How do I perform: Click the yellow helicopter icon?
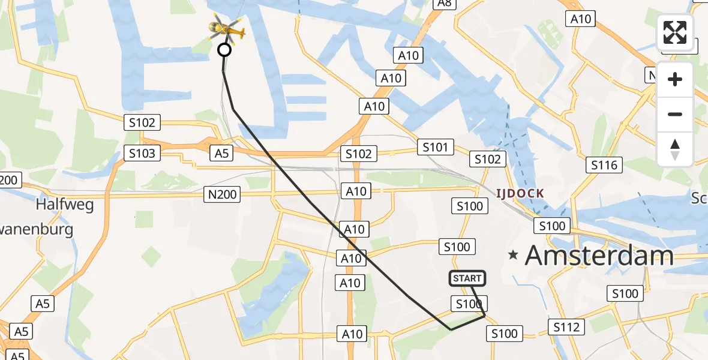pos(226,28)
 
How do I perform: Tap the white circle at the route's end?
pos(224,50)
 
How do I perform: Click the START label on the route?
pos(467,278)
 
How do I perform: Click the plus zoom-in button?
pos(675,79)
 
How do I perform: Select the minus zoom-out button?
pos(675,114)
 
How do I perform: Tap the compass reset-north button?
pos(675,149)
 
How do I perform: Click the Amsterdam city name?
pos(599,256)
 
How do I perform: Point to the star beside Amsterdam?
pos(513,255)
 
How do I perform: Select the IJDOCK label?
pos(520,193)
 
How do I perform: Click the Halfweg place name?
pos(65,205)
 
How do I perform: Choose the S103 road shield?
pos(142,153)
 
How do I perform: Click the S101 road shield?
pos(436,147)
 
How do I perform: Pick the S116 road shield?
pos(604,165)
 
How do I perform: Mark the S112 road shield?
pos(566,327)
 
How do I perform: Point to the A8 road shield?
pos(444,3)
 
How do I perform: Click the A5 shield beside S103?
pos(222,154)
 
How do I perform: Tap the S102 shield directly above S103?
pos(142,123)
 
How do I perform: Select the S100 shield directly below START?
pos(469,304)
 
